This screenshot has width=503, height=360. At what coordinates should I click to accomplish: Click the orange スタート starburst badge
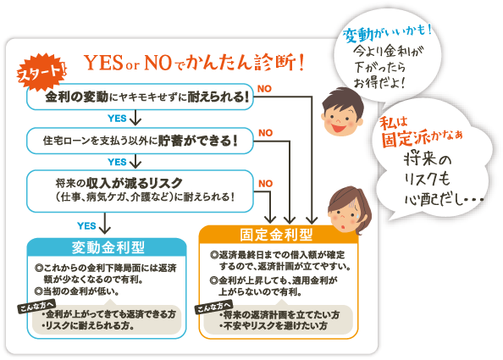click(41, 72)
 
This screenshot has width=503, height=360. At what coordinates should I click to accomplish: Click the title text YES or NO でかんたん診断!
click(194, 63)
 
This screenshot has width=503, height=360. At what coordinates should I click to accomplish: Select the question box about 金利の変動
click(140, 97)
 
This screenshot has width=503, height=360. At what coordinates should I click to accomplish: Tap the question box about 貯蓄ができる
click(140, 141)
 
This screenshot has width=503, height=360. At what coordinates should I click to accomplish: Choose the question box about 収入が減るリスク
click(140, 191)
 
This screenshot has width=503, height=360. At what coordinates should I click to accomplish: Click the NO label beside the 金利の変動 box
click(264, 89)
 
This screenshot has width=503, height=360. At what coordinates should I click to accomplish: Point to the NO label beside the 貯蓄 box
click(266, 133)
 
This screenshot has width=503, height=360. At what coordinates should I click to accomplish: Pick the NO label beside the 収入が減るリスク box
click(266, 184)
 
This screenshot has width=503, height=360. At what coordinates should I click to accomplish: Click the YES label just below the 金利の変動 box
click(117, 119)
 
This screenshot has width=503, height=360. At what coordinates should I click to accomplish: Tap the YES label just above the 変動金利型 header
click(86, 226)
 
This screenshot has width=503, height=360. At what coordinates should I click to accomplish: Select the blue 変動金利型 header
click(107, 247)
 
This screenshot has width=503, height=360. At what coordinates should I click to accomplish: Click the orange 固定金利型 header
click(277, 235)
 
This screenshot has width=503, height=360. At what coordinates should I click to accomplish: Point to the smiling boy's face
click(342, 113)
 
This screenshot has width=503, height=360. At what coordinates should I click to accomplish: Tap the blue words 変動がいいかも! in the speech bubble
click(387, 33)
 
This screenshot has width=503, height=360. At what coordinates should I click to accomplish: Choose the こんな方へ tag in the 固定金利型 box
click(213, 307)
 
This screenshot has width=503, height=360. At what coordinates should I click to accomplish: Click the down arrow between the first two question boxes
click(135, 118)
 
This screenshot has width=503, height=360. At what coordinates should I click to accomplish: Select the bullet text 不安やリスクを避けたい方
click(274, 326)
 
